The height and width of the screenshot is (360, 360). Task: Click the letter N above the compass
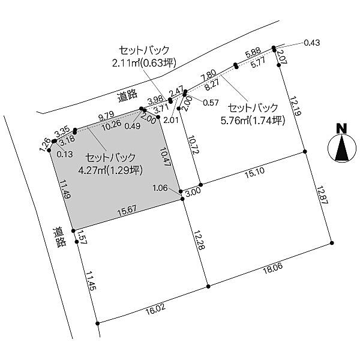[341, 128]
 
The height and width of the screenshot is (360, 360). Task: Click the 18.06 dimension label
[273, 268]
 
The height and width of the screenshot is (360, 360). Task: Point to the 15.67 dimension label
[127, 211]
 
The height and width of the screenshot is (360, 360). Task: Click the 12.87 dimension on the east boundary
[322, 194]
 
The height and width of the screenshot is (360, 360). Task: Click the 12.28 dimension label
[199, 240]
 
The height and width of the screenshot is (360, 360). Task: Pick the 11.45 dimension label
[90, 280]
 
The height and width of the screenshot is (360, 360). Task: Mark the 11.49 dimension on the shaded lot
[65, 189]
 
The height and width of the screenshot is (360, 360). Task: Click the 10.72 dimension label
[193, 145]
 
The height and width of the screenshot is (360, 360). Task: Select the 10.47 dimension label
[165, 157]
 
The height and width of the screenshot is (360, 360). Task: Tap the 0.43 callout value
[312, 43]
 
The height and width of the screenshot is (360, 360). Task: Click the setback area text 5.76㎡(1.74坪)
[253, 121]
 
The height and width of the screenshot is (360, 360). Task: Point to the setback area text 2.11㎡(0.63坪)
[144, 62]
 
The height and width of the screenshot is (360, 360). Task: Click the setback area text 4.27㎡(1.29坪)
[110, 170]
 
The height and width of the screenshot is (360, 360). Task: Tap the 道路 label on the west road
[59, 237]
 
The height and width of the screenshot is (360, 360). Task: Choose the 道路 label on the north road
[128, 96]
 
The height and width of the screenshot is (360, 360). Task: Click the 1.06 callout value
[160, 188]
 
